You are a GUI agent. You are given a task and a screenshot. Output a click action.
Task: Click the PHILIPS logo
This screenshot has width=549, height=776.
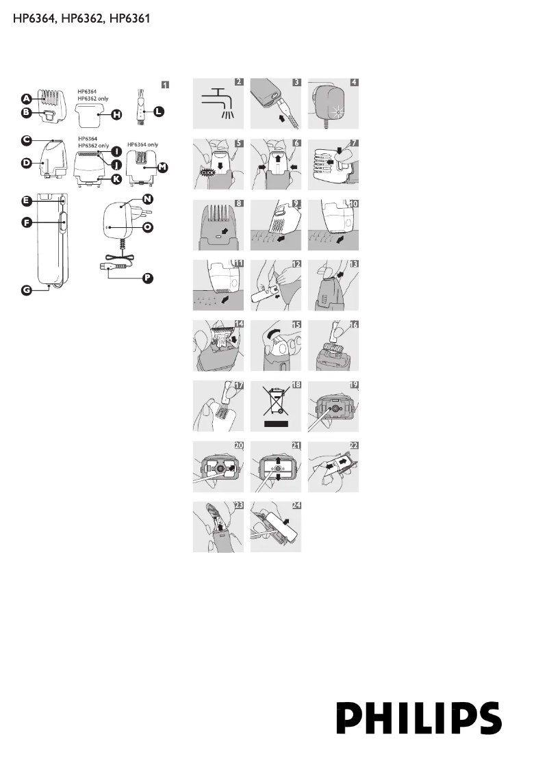[x=419, y=717]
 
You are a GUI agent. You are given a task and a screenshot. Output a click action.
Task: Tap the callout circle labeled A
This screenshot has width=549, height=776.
[x=25, y=98]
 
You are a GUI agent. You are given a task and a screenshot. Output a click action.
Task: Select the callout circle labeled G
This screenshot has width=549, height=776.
[x=25, y=290]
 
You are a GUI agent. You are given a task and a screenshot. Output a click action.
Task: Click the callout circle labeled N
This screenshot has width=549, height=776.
[x=148, y=198]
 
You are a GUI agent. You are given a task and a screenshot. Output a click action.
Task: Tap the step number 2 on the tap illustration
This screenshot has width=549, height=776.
[x=238, y=82]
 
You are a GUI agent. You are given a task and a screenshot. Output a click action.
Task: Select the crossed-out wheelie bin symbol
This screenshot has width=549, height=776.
[x=274, y=404]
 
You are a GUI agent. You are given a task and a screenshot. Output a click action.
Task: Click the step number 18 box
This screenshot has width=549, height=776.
[x=296, y=386]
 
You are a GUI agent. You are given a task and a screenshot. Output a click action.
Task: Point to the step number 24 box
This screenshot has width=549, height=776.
[x=296, y=507]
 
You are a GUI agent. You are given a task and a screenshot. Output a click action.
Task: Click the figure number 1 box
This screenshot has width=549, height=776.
[x=165, y=84]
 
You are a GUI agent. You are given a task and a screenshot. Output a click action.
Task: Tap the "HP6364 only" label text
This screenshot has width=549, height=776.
[x=143, y=145]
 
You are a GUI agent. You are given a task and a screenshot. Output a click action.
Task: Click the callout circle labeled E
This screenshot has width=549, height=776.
[x=25, y=201]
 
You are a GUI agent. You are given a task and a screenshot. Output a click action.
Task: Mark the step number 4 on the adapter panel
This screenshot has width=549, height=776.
[x=354, y=82]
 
